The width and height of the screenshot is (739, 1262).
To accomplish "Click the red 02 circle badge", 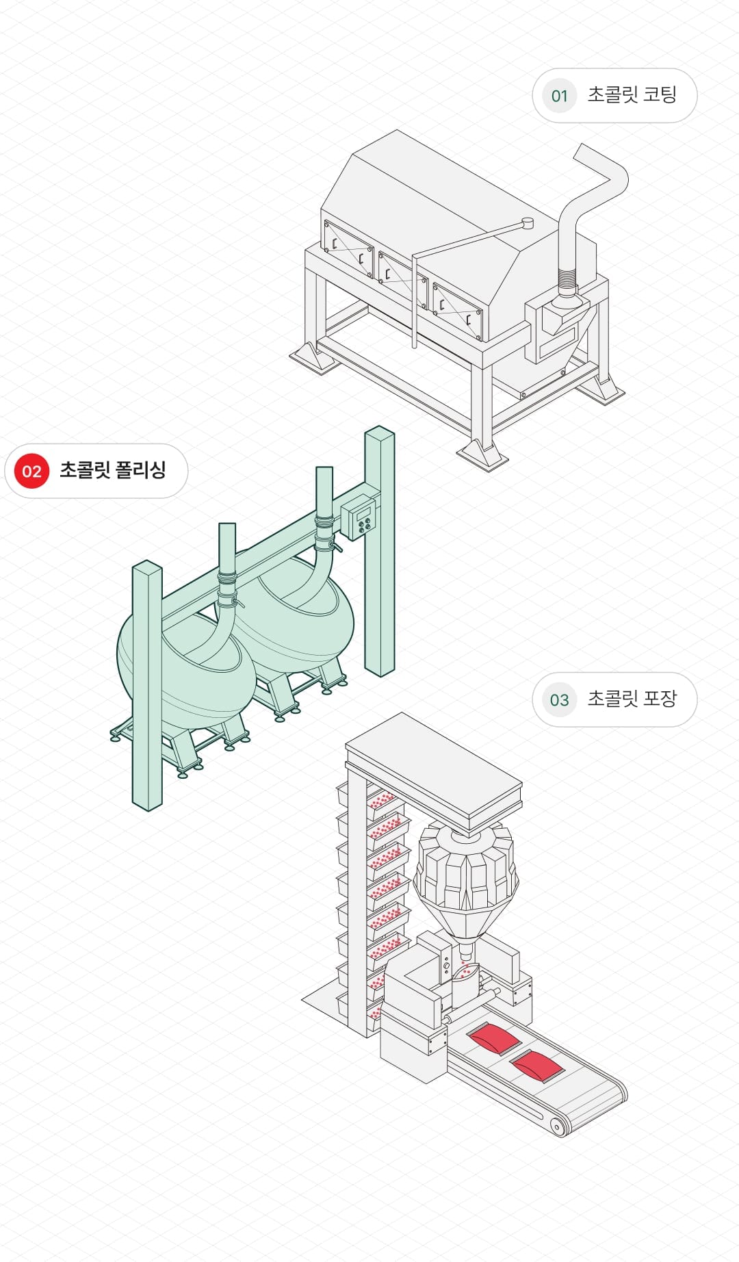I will (x=31, y=471).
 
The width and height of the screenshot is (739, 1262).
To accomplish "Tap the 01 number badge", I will (x=559, y=96).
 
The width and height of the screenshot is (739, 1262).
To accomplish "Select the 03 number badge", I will (x=559, y=699).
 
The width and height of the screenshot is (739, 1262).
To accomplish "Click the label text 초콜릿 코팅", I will (x=632, y=95).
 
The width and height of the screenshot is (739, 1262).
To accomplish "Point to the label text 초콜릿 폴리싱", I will (x=113, y=470).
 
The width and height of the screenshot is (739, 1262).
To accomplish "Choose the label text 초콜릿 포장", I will (x=632, y=699).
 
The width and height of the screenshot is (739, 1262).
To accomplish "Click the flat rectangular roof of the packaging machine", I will (x=434, y=760).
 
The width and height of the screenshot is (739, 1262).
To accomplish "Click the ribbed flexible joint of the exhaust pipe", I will (x=568, y=279).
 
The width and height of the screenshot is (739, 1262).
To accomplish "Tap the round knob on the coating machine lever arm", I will (x=527, y=222).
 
